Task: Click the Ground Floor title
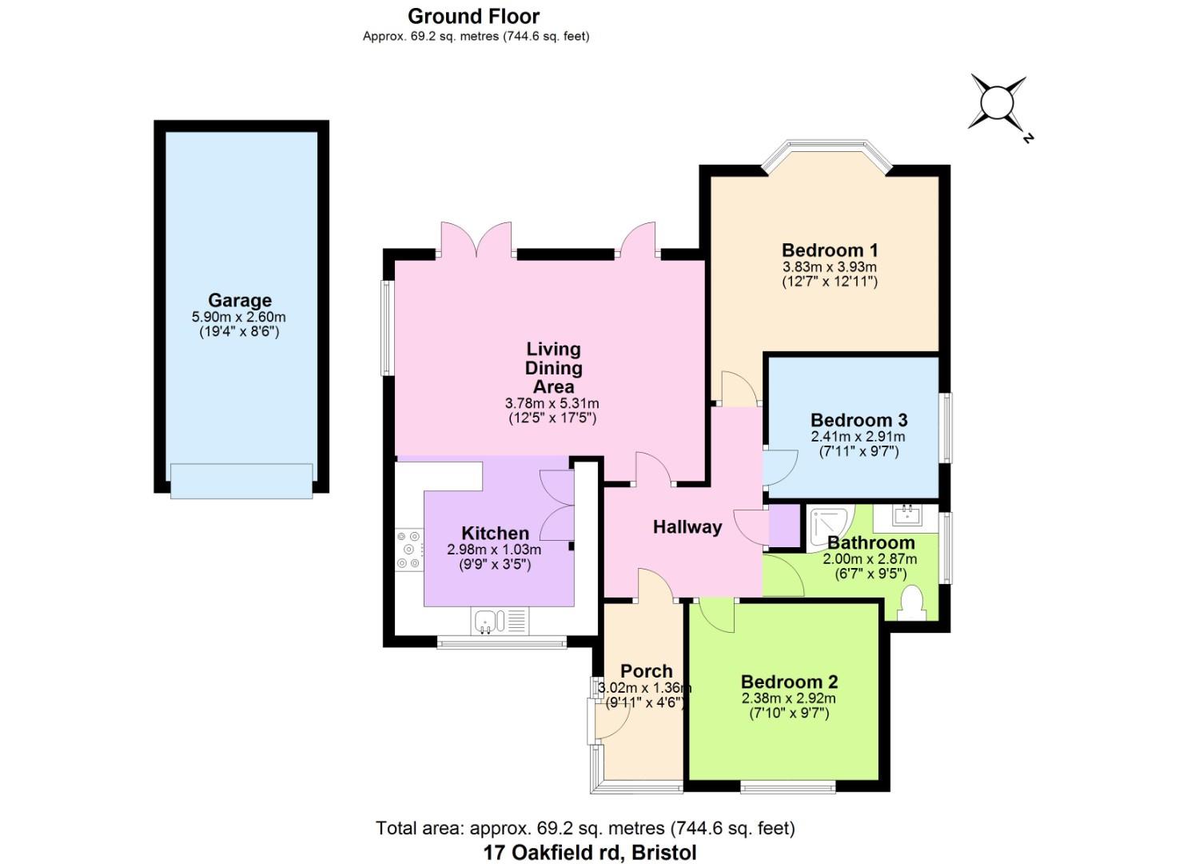(473, 16)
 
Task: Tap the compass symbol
(997, 103)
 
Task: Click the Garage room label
(240, 301)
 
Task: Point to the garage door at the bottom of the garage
(241, 482)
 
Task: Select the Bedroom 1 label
(829, 250)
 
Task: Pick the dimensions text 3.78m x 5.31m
(552, 403)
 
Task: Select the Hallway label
(687, 526)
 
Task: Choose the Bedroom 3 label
(858, 420)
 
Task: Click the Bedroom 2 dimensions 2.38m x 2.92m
(788, 698)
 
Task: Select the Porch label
(646, 671)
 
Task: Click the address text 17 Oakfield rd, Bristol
(590, 852)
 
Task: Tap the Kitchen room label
(495, 533)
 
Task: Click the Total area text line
(585, 828)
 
